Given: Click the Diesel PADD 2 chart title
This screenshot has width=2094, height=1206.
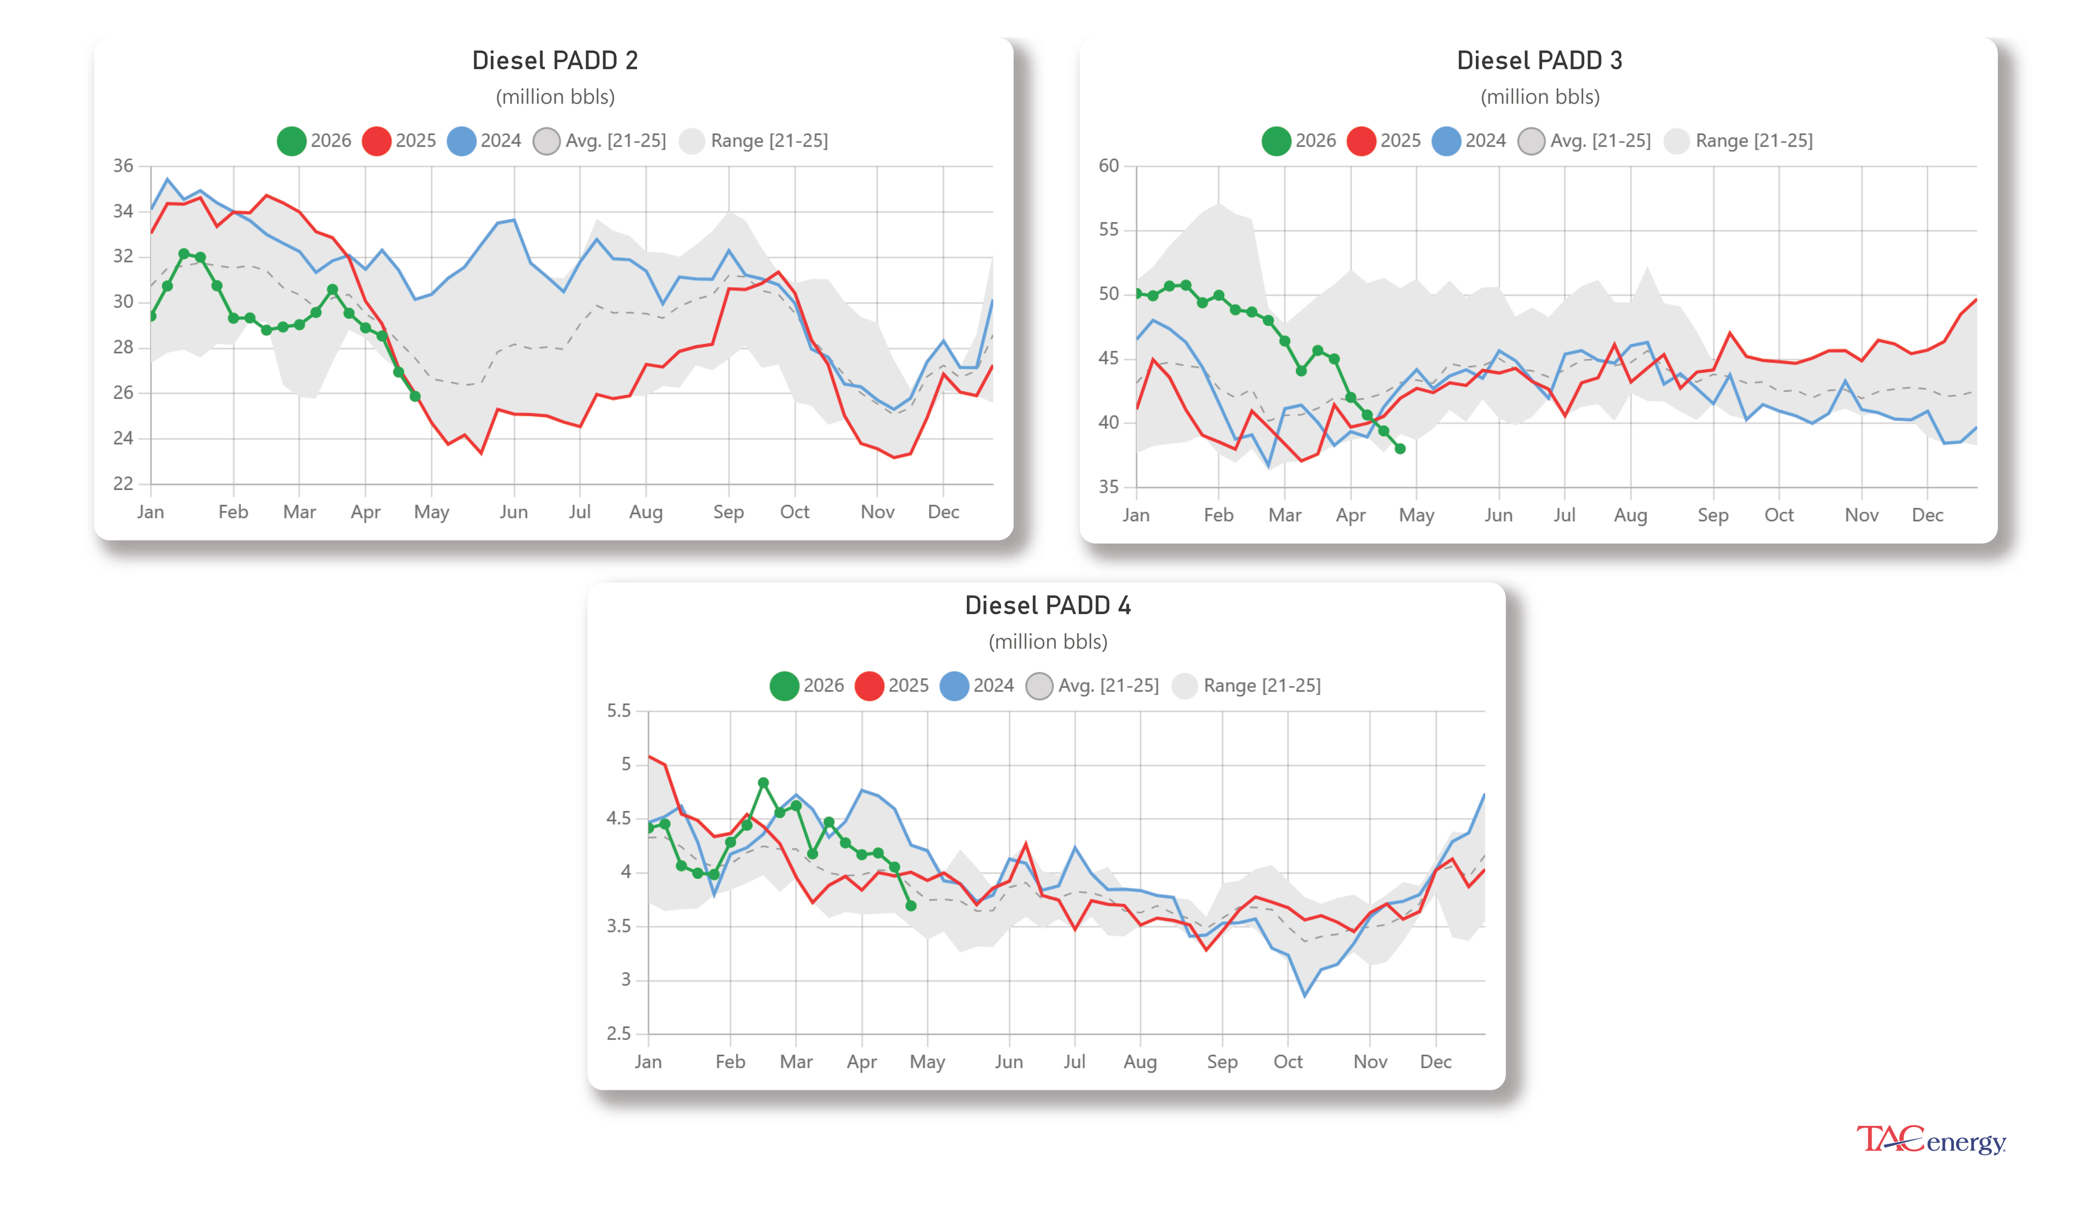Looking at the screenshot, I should pyautogui.click(x=555, y=60).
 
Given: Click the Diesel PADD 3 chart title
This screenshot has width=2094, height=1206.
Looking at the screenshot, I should pyautogui.click(x=1539, y=60).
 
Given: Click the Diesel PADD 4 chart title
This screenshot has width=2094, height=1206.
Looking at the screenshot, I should pyautogui.click(x=1048, y=605).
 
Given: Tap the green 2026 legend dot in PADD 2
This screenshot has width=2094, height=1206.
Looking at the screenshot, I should pyautogui.click(x=291, y=141).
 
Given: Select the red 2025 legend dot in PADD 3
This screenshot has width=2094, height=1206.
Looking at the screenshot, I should pyautogui.click(x=1362, y=141).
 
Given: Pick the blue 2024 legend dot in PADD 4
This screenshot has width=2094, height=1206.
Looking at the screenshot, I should pyautogui.click(x=954, y=686).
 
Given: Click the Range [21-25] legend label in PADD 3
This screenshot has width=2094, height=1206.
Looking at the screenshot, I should pyautogui.click(x=1753, y=141).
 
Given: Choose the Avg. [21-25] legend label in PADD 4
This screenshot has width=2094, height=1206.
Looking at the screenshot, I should pyautogui.click(x=1108, y=686).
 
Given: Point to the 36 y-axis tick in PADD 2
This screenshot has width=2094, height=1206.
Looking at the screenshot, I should pyautogui.click(x=123, y=166).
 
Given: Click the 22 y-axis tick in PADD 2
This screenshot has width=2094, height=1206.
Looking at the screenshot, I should pyautogui.click(x=123, y=484).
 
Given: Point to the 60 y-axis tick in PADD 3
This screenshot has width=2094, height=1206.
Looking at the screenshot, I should pyautogui.click(x=1108, y=166).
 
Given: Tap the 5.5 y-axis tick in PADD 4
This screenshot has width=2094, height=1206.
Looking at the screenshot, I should pyautogui.click(x=618, y=711).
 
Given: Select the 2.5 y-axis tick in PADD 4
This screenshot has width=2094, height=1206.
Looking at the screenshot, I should pyautogui.click(x=618, y=1034).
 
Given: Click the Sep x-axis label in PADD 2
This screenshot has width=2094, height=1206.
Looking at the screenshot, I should pyautogui.click(x=729, y=512).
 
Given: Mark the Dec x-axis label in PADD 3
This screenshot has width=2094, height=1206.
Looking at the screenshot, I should pyautogui.click(x=1927, y=515).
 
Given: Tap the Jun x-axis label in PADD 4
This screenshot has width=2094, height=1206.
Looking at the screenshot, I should pyautogui.click(x=1008, y=1062).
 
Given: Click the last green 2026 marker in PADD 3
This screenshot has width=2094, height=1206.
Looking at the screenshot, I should pyautogui.click(x=1400, y=449).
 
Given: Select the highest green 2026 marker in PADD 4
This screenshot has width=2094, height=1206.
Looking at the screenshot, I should pyautogui.click(x=763, y=783).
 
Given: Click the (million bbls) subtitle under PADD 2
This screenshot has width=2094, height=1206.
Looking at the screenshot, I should pyautogui.click(x=555, y=97).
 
